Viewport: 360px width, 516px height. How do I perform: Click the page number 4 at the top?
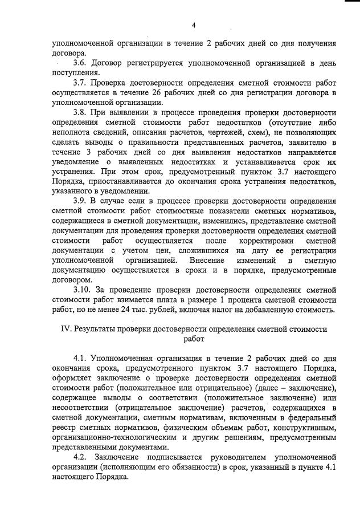click(x=194, y=25)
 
